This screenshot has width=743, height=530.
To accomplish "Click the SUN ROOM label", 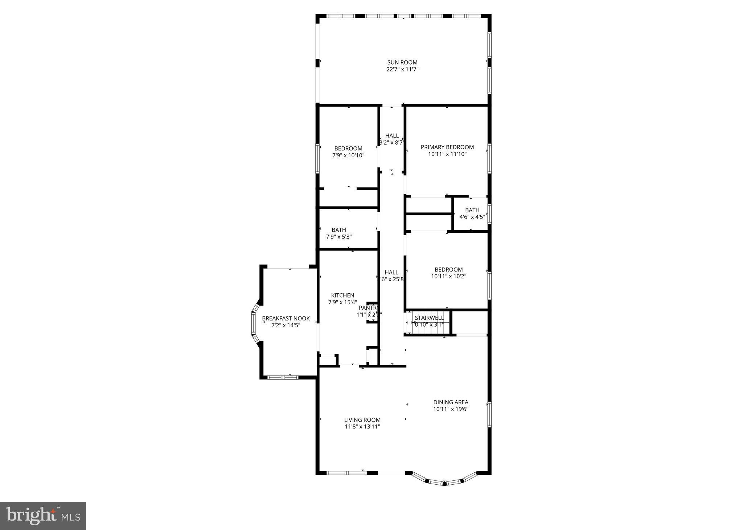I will click(402, 62).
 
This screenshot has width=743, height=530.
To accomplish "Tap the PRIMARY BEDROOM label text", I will click(447, 147).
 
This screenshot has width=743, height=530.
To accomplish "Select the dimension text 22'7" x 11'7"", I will click(402, 69).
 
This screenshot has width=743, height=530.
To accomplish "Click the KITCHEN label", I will click(342, 295).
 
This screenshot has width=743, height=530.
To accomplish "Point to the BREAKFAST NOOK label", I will click(286, 319).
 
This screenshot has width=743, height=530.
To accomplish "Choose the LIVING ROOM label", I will click(362, 420).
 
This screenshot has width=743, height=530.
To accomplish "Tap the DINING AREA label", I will click(451, 402).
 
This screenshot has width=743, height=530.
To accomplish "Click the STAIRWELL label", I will click(429, 318).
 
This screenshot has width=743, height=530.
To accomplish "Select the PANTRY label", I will click(368, 308).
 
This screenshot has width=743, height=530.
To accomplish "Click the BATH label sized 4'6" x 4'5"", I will click(472, 210).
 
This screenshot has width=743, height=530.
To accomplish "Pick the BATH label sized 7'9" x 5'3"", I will click(338, 230).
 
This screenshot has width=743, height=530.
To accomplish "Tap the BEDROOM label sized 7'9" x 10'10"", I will click(348, 149).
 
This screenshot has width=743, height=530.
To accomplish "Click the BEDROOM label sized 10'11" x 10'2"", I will click(448, 270).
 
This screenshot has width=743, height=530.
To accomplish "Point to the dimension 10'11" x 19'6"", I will click(451, 409).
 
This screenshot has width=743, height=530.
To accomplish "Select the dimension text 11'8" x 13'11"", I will click(362, 427).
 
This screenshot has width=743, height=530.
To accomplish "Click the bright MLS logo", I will click(43, 515).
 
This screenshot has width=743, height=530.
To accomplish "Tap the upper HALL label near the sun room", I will click(392, 136).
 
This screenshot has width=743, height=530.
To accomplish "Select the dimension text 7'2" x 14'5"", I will click(286, 326).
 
